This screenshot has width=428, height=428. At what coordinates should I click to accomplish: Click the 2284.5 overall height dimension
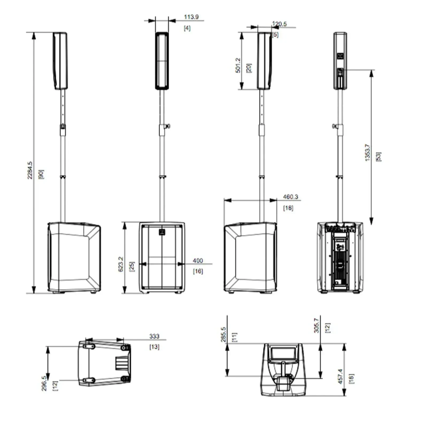(30, 170)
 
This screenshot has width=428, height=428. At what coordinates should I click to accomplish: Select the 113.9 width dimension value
(191, 17)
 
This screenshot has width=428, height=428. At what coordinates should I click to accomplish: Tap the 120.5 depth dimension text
(279, 24)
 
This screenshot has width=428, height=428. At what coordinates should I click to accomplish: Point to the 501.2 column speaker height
(238, 65)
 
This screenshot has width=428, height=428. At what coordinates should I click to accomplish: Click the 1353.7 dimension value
(368, 152)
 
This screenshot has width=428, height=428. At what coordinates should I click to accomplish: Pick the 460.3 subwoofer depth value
(291, 197)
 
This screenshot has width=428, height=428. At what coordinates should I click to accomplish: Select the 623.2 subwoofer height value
(121, 264)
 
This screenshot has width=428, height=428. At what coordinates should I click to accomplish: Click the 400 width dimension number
(198, 261)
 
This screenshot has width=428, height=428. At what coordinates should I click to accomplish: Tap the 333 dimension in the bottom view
(154, 336)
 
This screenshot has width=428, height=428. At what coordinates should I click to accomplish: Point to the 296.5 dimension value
(44, 383)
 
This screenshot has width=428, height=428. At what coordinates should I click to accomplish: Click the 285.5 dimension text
(223, 334)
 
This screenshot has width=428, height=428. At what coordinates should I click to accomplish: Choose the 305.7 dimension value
(316, 325)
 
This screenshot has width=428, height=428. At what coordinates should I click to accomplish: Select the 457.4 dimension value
(340, 376)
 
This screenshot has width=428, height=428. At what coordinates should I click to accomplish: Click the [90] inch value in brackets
(41, 174)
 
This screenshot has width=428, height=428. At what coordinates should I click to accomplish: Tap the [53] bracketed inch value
(379, 156)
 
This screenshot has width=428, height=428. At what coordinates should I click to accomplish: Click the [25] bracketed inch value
(132, 267)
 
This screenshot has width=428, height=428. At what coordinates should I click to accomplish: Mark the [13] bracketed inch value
(154, 347)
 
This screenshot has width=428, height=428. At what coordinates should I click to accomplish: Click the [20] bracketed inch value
(249, 68)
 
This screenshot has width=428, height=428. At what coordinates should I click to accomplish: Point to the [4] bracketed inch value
(187, 28)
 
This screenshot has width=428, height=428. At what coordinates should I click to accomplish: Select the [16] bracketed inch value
(198, 271)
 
